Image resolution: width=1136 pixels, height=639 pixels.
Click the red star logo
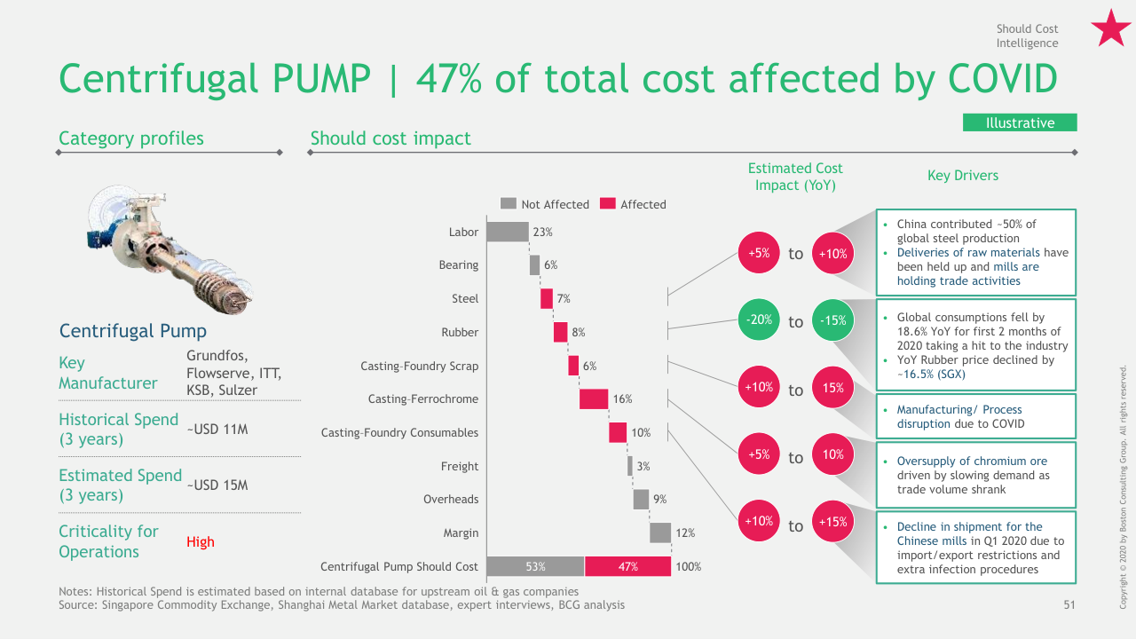pos(1110,28)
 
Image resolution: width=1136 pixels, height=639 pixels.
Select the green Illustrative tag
pos(1020,122)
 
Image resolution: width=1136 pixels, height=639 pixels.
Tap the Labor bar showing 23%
pos(508,232)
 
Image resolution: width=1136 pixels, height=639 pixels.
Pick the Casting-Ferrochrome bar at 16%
pos(594,398)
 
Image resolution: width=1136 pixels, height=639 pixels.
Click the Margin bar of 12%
pos(660,532)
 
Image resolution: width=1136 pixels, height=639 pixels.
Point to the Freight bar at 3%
pos(630,466)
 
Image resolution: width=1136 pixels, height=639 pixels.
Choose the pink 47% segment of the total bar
pos(627,566)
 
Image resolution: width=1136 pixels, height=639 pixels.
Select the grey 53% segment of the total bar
pos(536,566)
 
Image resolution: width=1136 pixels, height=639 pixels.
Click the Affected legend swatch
pos(608,203)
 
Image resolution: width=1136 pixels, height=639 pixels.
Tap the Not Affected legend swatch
pos(509,203)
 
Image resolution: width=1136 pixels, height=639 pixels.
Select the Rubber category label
pos(460,332)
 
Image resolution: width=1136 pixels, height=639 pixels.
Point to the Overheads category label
pos(451,499)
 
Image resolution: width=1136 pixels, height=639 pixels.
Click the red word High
pos(201,542)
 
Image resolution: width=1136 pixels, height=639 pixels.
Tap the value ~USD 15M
pos(217,485)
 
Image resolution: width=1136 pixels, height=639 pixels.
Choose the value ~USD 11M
pos(217,430)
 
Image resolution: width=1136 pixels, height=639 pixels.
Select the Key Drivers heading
pos(963,176)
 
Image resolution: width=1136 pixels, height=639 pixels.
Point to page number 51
pos(1069,605)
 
